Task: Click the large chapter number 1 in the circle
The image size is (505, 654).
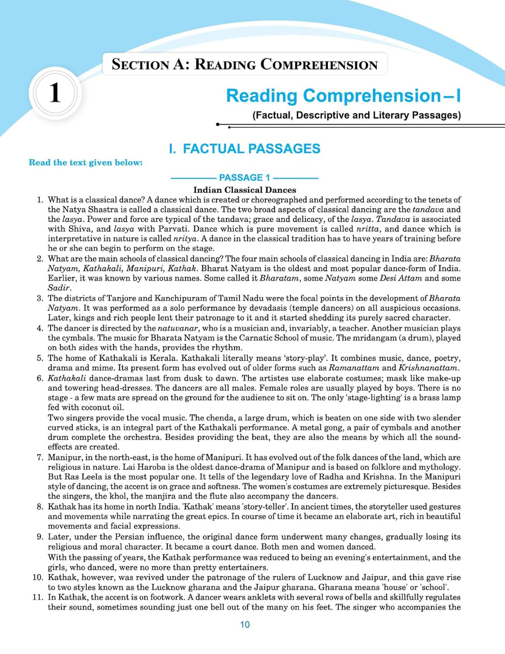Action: tap(55, 93)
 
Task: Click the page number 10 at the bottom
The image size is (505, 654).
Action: tap(245, 624)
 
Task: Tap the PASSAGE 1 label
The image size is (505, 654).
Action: tap(245, 178)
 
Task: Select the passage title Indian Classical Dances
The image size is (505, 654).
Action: tap(245, 190)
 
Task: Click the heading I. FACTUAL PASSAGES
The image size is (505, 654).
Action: tap(245, 148)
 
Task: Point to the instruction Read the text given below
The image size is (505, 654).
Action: tap(85, 162)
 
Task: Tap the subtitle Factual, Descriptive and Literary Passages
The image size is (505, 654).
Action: tap(357, 115)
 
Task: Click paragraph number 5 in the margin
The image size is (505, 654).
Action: tap(40, 358)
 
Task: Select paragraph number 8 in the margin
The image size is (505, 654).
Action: tap(40, 507)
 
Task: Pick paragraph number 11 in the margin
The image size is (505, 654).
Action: tap(38, 597)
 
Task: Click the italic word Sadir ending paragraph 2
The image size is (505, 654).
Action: tap(59, 288)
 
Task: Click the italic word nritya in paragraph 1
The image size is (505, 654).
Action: tap(185, 239)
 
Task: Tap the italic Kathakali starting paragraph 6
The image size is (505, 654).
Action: tap(67, 378)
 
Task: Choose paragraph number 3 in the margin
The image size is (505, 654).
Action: tap(40, 298)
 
